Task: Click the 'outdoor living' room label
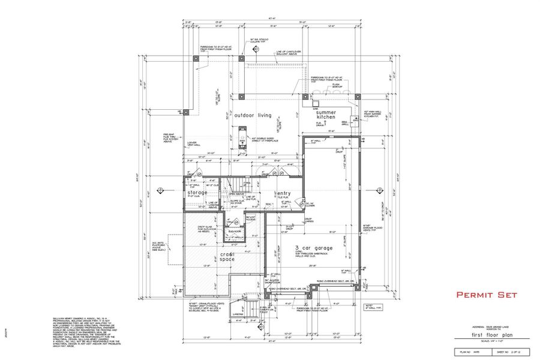[x=253, y=115]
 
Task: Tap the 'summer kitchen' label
[x=326, y=114]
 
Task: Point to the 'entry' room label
[x=284, y=193]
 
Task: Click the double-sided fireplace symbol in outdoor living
[x=242, y=135]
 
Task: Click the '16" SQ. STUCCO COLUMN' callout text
[x=259, y=41]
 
